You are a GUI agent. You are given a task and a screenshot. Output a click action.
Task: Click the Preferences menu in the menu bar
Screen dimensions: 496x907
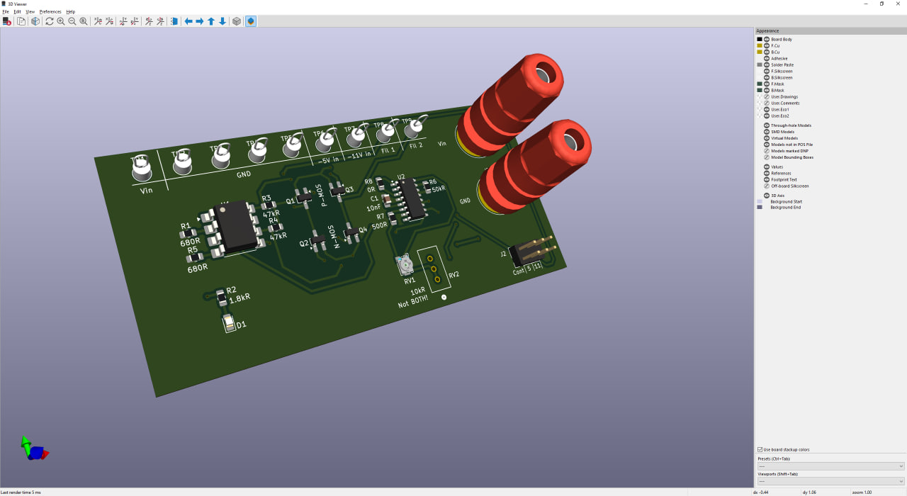50,12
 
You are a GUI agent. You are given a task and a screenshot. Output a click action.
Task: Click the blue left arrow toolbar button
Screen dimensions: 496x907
188,21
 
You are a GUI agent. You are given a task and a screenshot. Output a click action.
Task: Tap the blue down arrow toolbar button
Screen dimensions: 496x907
222,21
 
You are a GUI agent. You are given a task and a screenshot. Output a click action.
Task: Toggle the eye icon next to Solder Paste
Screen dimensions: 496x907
767,64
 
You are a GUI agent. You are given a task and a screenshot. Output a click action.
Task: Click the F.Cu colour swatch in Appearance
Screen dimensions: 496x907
760,45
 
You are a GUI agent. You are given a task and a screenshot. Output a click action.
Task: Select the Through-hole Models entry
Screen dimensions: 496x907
791,125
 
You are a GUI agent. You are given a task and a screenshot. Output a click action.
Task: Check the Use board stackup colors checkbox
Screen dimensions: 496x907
760,449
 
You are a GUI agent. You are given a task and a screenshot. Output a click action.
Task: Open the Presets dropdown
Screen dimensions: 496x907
830,466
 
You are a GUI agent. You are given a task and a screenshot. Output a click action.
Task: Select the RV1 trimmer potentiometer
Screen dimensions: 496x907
405,265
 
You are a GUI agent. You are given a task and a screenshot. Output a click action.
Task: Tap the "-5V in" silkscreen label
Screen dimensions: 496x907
327,159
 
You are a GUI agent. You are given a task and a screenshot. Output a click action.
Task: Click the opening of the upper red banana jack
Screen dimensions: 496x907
544,74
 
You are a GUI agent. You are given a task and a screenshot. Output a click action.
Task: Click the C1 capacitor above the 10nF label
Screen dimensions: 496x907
386,201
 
